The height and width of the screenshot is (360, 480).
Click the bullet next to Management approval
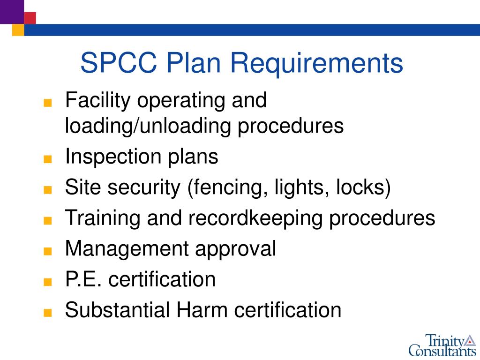coord(46,252)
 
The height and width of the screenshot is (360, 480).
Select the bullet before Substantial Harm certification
coord(46,313)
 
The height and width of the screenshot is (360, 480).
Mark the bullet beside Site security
coord(46,190)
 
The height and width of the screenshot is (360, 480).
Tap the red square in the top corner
coord(30,18)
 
